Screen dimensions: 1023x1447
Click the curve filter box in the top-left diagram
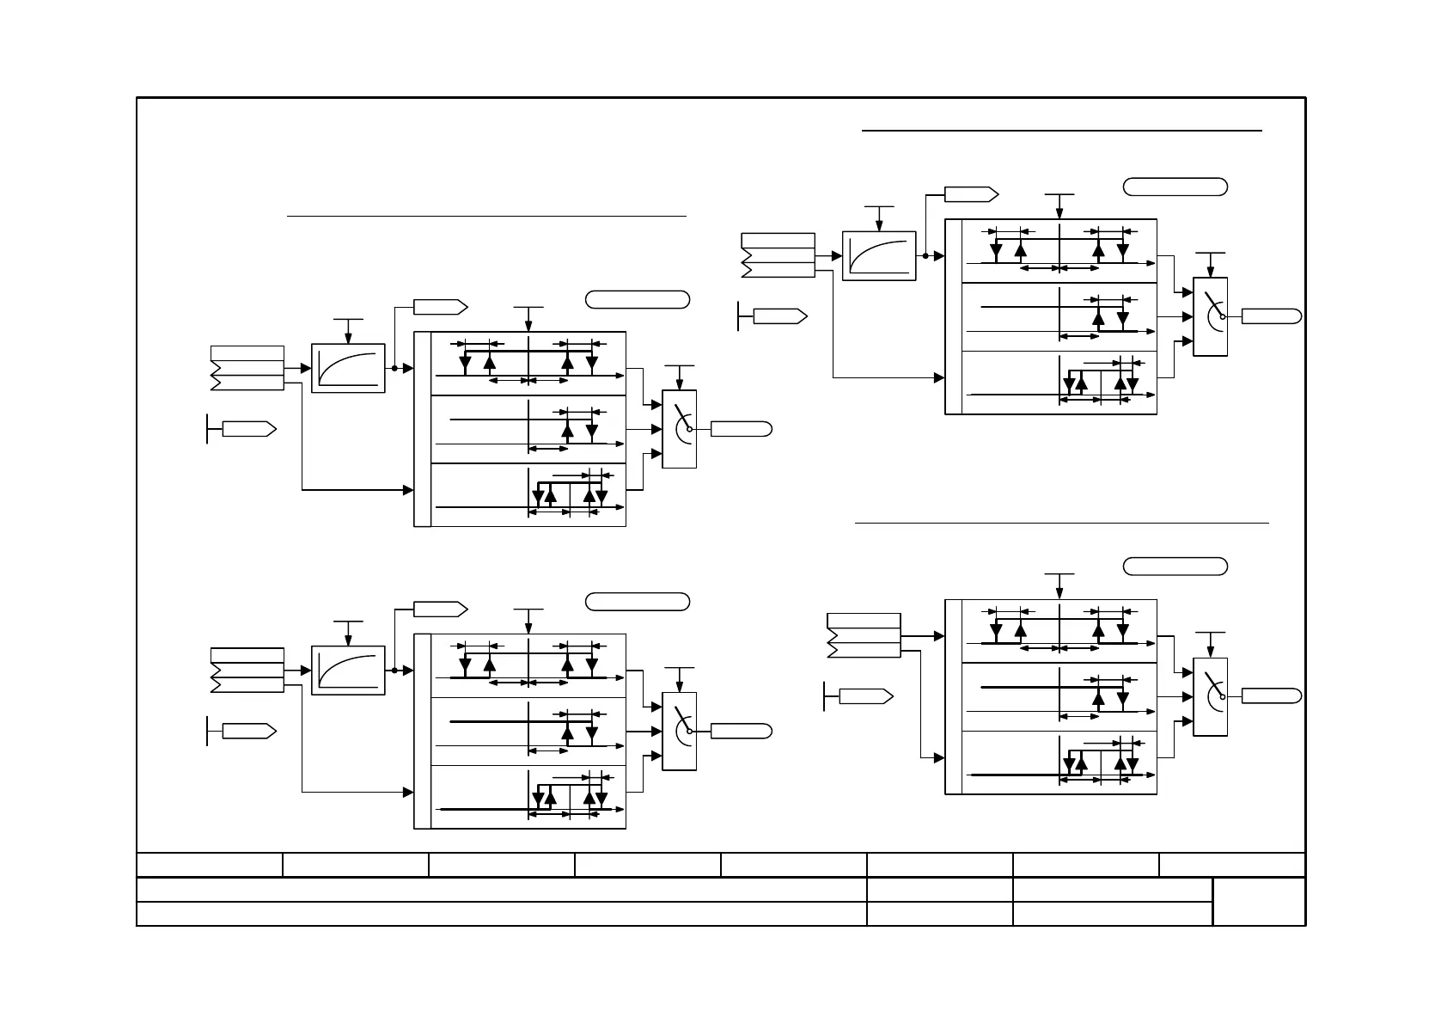tap(348, 368)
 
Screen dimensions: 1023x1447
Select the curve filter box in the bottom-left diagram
tap(348, 670)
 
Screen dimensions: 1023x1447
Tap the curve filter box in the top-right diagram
tap(879, 255)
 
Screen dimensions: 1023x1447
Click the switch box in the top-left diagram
tap(680, 429)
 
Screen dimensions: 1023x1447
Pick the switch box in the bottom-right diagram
tap(1211, 696)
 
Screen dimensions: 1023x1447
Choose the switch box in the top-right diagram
tap(1211, 316)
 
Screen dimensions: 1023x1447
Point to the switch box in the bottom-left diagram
tap(680, 731)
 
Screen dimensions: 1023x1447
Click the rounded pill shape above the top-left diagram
tap(638, 299)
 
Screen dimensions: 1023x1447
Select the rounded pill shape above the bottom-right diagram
tap(1175, 566)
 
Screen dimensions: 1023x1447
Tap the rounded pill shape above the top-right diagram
tap(1175, 187)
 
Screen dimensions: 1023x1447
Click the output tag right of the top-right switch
tap(1272, 316)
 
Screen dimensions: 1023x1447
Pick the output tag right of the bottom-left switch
tap(741, 731)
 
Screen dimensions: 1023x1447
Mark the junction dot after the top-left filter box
tap(394, 368)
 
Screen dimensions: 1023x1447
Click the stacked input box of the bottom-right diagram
tap(864, 635)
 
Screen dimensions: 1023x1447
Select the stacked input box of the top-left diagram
tap(247, 368)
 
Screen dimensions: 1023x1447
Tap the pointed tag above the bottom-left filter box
tap(440, 609)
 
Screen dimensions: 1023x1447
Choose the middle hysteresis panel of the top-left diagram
tap(528, 429)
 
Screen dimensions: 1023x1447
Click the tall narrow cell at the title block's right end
tap(1259, 902)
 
